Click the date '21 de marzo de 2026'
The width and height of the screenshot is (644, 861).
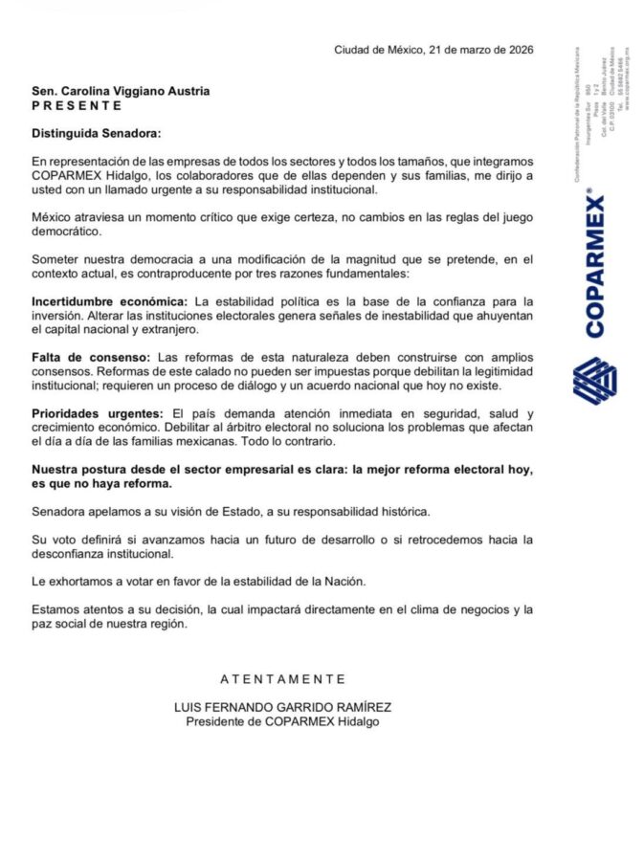coord(482,50)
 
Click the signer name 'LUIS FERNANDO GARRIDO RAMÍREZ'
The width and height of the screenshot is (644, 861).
coord(282,708)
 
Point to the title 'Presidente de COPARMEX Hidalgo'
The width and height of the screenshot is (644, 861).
coord(282,721)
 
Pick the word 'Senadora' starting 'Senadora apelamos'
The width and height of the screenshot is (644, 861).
coord(59,512)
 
